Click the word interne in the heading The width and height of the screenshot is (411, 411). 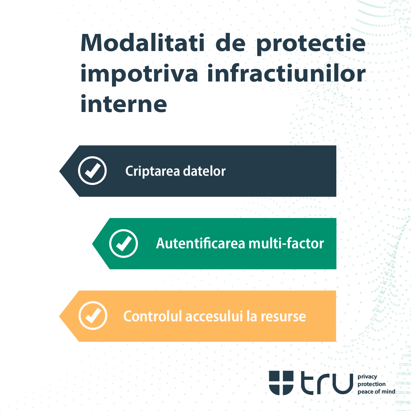[124, 104]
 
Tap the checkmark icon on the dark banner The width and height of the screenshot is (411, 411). [92, 171]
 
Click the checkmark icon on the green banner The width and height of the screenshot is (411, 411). [124, 244]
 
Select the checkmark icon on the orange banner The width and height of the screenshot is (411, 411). [93, 316]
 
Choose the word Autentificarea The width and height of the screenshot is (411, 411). [201, 244]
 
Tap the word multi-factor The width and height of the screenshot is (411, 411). [286, 244]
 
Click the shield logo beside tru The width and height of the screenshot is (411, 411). [281, 383]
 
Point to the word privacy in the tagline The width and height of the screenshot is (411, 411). [367, 377]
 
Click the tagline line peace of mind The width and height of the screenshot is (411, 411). [376, 391]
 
